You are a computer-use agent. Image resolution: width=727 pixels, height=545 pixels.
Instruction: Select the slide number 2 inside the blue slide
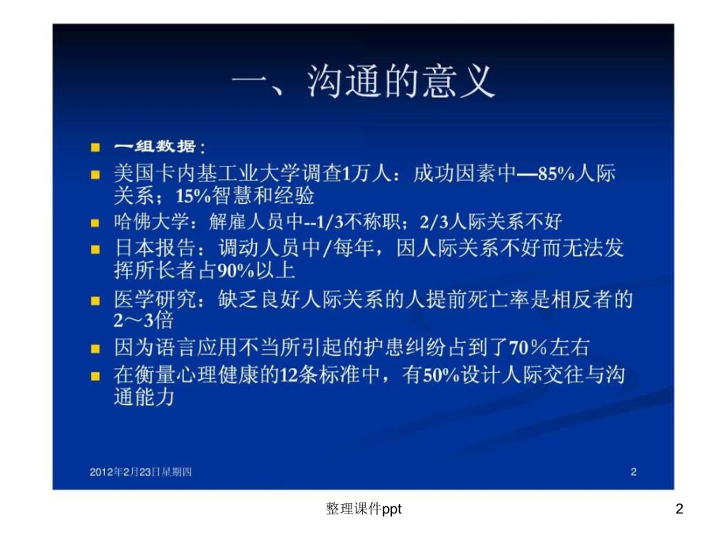[x=633, y=472]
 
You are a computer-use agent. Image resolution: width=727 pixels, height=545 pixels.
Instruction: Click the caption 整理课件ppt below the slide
[x=363, y=510]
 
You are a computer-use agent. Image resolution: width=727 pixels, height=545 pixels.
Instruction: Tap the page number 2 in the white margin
[x=679, y=510]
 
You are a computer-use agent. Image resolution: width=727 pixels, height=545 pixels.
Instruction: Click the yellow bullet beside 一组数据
[x=96, y=148]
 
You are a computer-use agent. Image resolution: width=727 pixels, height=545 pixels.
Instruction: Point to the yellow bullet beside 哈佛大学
[x=96, y=223]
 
